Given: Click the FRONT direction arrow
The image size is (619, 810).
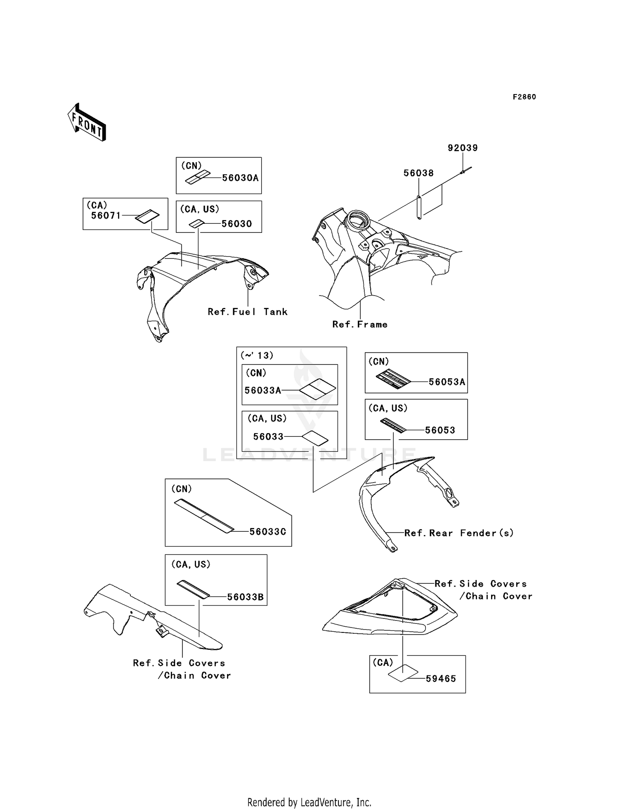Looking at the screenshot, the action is click(x=87, y=122).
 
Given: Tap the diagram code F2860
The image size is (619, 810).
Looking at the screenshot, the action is click(x=524, y=97).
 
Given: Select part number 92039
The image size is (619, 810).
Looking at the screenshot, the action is click(x=463, y=148).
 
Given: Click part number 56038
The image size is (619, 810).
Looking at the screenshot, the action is click(x=418, y=173).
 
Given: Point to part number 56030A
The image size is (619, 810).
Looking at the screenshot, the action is click(x=240, y=178).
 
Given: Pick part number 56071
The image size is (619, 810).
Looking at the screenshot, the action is click(x=106, y=215).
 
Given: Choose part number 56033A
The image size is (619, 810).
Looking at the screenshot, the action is click(x=263, y=390).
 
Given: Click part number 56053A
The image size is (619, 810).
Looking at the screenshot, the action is click(x=447, y=382).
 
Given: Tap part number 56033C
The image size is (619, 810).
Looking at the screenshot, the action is click(x=268, y=532).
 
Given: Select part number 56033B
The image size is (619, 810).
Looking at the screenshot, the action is click(x=245, y=597).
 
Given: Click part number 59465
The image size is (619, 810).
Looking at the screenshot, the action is click(x=441, y=679).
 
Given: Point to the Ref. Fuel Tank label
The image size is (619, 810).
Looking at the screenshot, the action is click(x=247, y=312).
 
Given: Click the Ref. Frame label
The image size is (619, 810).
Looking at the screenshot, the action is click(x=360, y=324).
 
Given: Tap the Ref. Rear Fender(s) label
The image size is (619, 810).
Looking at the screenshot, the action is click(x=459, y=533).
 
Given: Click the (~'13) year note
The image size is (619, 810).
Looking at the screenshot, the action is click(x=257, y=355).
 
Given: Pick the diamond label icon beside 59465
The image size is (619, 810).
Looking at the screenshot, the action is click(x=403, y=673).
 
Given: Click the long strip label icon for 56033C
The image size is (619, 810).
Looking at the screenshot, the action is click(x=204, y=516).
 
